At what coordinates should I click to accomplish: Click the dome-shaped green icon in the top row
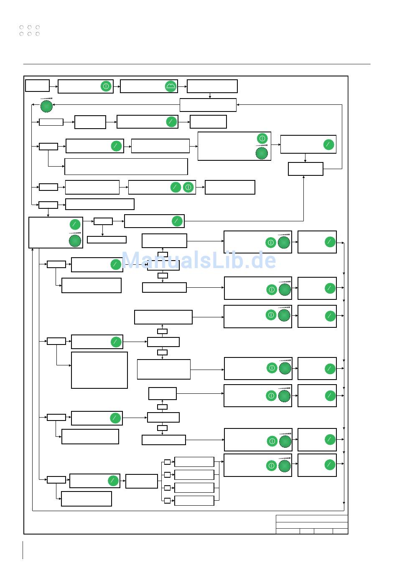(x=171, y=86)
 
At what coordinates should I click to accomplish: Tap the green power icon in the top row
(x=106, y=86)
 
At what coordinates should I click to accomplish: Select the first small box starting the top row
(x=37, y=86)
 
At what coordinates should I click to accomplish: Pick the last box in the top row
(x=212, y=86)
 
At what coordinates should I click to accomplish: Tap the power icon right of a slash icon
(x=188, y=187)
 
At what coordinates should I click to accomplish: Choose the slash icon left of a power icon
(x=176, y=187)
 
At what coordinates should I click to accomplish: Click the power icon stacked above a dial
(x=262, y=138)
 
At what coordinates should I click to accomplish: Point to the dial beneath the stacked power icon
(x=262, y=153)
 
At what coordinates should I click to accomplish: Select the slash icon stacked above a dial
(x=75, y=224)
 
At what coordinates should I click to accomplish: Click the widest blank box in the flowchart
(x=126, y=167)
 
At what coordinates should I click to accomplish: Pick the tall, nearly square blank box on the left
(x=99, y=370)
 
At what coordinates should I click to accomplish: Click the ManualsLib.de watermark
(x=198, y=261)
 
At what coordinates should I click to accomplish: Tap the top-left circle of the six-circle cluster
(x=21, y=28)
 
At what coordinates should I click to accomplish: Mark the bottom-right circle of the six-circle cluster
(x=38, y=34)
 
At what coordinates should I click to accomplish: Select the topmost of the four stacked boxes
(x=194, y=462)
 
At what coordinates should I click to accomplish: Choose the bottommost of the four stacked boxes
(x=194, y=500)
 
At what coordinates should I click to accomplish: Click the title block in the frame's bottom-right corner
(x=311, y=524)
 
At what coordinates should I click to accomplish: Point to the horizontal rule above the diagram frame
(x=196, y=64)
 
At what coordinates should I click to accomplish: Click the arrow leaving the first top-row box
(x=53, y=86)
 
